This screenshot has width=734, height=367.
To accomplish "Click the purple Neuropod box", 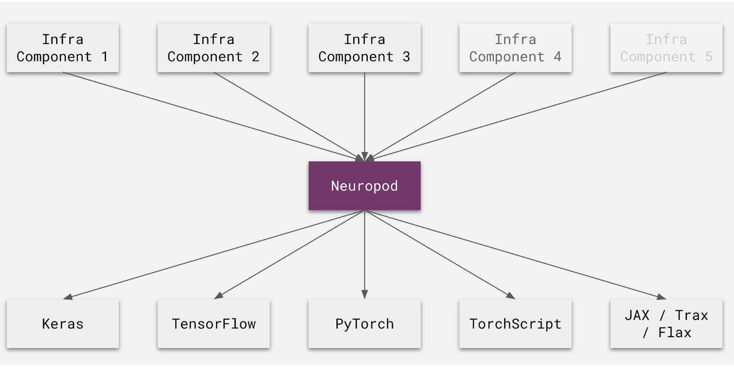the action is (364, 185).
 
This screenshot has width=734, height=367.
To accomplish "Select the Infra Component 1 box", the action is (63, 48).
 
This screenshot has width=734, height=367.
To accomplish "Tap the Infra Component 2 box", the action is (214, 48).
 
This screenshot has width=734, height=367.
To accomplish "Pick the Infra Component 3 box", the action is (364, 48).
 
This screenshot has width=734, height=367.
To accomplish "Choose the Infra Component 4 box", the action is (515, 48).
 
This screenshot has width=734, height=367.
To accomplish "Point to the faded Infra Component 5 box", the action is (666, 48).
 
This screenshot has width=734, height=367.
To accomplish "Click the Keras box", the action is (63, 323).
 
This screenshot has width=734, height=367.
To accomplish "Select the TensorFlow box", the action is (214, 323).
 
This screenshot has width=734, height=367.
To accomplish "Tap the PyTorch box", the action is (364, 323).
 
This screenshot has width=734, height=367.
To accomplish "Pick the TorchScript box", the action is (515, 323).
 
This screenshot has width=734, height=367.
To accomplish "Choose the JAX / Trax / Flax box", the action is (666, 323).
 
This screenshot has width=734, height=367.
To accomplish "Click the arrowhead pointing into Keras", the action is (67, 297).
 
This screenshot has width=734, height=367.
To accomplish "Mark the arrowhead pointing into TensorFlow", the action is (218, 295).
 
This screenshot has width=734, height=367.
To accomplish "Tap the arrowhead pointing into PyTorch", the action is (364, 294).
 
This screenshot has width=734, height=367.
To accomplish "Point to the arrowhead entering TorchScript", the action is (511, 295).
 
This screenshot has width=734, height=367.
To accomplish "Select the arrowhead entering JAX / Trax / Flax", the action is (661, 297).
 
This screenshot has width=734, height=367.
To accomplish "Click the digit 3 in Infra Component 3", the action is (406, 57).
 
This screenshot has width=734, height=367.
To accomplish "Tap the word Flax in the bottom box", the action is (675, 332).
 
